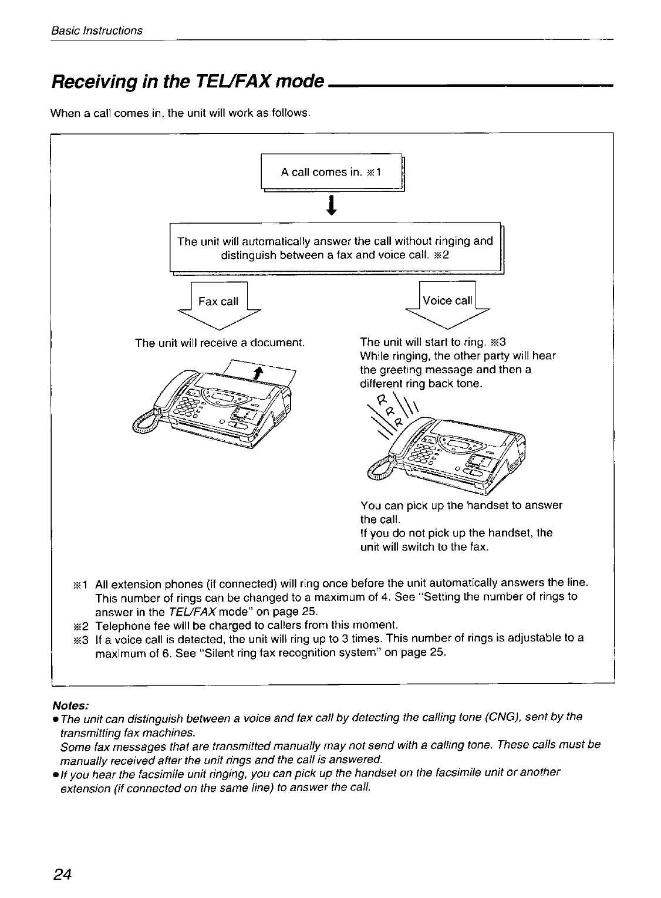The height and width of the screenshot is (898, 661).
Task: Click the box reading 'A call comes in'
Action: (x=331, y=173)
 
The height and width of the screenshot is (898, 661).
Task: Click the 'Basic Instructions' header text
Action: (x=96, y=31)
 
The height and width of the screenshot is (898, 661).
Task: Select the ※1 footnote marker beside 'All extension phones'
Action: (x=80, y=584)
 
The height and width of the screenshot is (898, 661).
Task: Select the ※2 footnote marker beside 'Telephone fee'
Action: (x=80, y=624)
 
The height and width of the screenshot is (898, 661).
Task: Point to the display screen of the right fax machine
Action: (x=461, y=440)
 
